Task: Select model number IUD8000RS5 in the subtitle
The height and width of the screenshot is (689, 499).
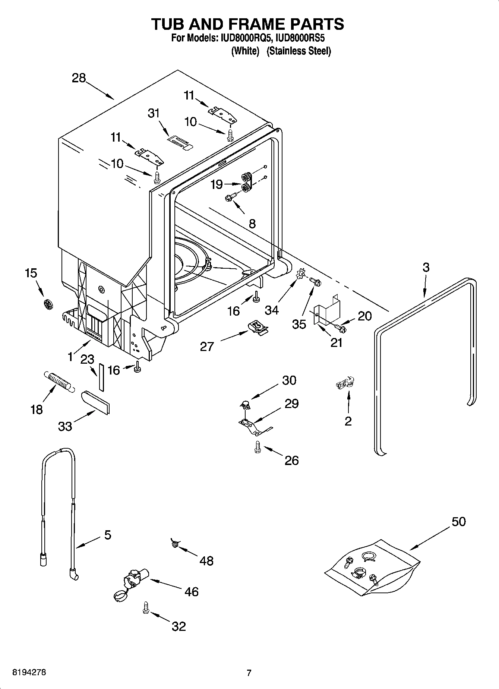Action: click(300, 38)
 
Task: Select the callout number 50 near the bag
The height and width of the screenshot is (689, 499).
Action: click(458, 521)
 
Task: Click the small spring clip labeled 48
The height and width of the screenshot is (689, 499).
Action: click(174, 544)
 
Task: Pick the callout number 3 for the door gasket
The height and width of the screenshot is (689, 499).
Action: click(426, 267)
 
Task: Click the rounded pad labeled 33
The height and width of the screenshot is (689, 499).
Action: click(95, 402)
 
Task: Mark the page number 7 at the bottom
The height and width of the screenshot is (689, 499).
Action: click(249, 673)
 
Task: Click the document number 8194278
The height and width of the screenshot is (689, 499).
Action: click(29, 673)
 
